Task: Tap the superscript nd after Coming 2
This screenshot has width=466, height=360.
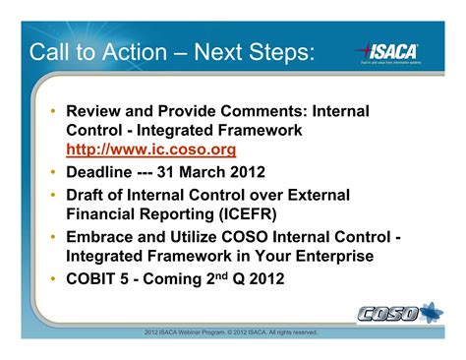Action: pos(246,273)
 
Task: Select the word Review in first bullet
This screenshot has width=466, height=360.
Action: pos(95,112)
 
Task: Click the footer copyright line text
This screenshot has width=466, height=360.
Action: pos(231,332)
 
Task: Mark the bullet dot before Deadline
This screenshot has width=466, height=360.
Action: pos(52,173)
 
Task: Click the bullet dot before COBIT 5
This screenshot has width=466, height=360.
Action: pos(52,278)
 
